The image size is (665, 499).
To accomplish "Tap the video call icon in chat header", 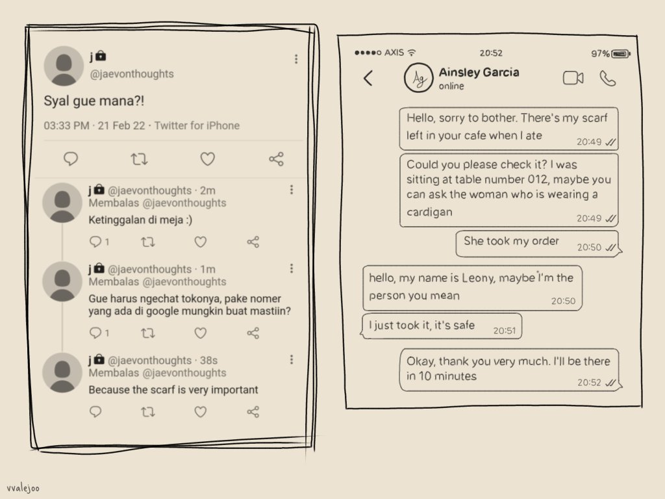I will pyautogui.click(x=572, y=79).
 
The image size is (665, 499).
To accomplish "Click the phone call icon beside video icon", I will pyautogui.click(x=608, y=79).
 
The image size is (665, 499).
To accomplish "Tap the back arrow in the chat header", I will pyautogui.click(x=368, y=79).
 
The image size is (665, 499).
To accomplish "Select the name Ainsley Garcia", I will pyautogui.click(x=479, y=72).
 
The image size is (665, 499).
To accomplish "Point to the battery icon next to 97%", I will pyautogui.click(x=621, y=53).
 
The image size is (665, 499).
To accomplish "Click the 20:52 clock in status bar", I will pyautogui.click(x=491, y=53).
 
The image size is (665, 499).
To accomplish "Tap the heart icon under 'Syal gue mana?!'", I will pyautogui.click(x=207, y=159).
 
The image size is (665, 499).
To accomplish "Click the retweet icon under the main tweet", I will pyautogui.click(x=139, y=159).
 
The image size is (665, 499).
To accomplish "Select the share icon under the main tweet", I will pyautogui.click(x=276, y=159).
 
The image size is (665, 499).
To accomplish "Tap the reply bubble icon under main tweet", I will pyautogui.click(x=71, y=159).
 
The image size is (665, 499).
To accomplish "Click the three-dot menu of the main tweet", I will pyautogui.click(x=296, y=59).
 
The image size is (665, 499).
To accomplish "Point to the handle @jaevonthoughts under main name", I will pyautogui.click(x=132, y=74).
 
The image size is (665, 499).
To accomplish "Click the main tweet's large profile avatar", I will pyautogui.click(x=64, y=66).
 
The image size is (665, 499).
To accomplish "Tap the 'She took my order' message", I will pyautogui.click(x=511, y=241).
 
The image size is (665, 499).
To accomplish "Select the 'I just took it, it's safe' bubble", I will pyautogui.click(x=422, y=326).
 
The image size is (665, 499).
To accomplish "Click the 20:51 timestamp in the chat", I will pyautogui.click(x=504, y=331).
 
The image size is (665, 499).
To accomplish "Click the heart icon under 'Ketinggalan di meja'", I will pyautogui.click(x=201, y=242).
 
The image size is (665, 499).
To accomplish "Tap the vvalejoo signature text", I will pyautogui.click(x=23, y=488).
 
